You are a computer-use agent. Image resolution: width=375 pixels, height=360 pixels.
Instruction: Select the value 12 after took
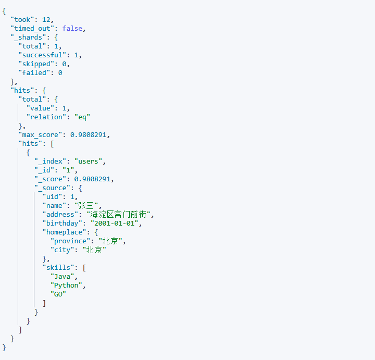point(47,19)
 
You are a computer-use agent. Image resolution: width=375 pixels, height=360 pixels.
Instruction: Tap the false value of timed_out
point(72,28)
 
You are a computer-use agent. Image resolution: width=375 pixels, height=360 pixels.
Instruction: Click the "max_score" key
point(40,134)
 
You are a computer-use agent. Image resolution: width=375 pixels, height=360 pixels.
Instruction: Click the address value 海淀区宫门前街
point(120,214)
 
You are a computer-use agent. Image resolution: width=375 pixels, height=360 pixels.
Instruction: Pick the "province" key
point(70,241)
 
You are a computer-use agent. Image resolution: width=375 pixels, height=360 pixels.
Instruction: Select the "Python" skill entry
point(66,285)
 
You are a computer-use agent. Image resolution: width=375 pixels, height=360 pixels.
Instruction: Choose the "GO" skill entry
point(58,294)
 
